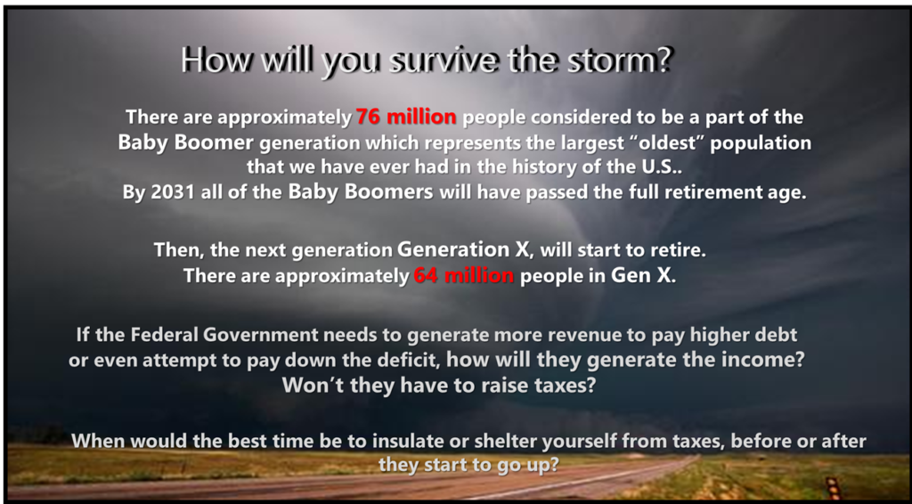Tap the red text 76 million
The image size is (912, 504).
point(406,117)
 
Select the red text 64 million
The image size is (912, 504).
point(463,275)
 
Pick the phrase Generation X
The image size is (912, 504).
point(463,249)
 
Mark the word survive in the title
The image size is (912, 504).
point(444,60)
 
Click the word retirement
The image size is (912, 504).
point(718,192)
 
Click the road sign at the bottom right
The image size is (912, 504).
point(833,487)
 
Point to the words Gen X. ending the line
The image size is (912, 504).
point(643,275)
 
